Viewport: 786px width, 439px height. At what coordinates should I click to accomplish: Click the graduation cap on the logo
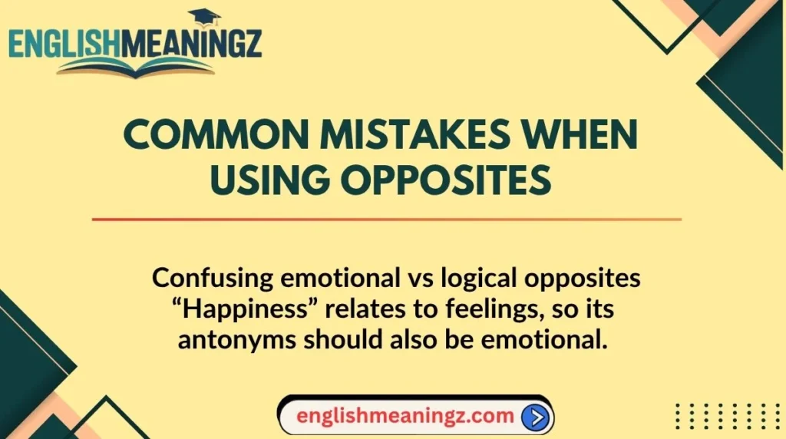click(x=204, y=16)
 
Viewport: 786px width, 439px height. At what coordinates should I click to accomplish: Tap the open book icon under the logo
click(x=135, y=68)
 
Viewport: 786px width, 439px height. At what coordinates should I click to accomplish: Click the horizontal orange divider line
click(x=386, y=219)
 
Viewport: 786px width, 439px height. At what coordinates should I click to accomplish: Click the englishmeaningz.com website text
click(x=405, y=417)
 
